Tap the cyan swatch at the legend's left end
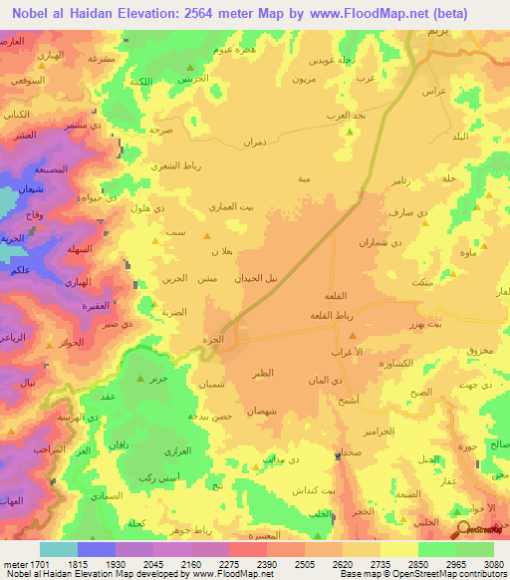coord(59,549)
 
